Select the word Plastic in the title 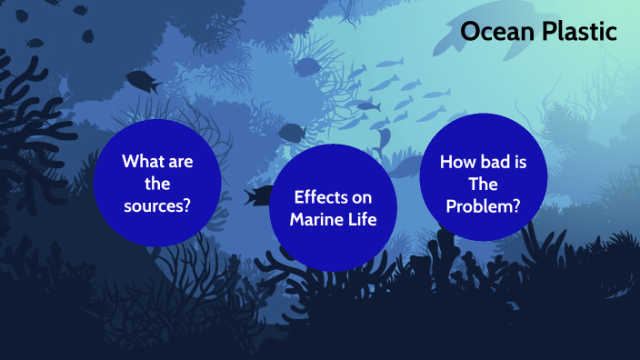[x=578, y=32]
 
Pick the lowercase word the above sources [x=157, y=184]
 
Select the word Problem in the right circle [x=478, y=205]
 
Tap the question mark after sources [x=186, y=205]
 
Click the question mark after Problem [x=515, y=205]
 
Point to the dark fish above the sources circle [x=143, y=81]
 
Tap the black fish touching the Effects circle [x=259, y=195]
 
